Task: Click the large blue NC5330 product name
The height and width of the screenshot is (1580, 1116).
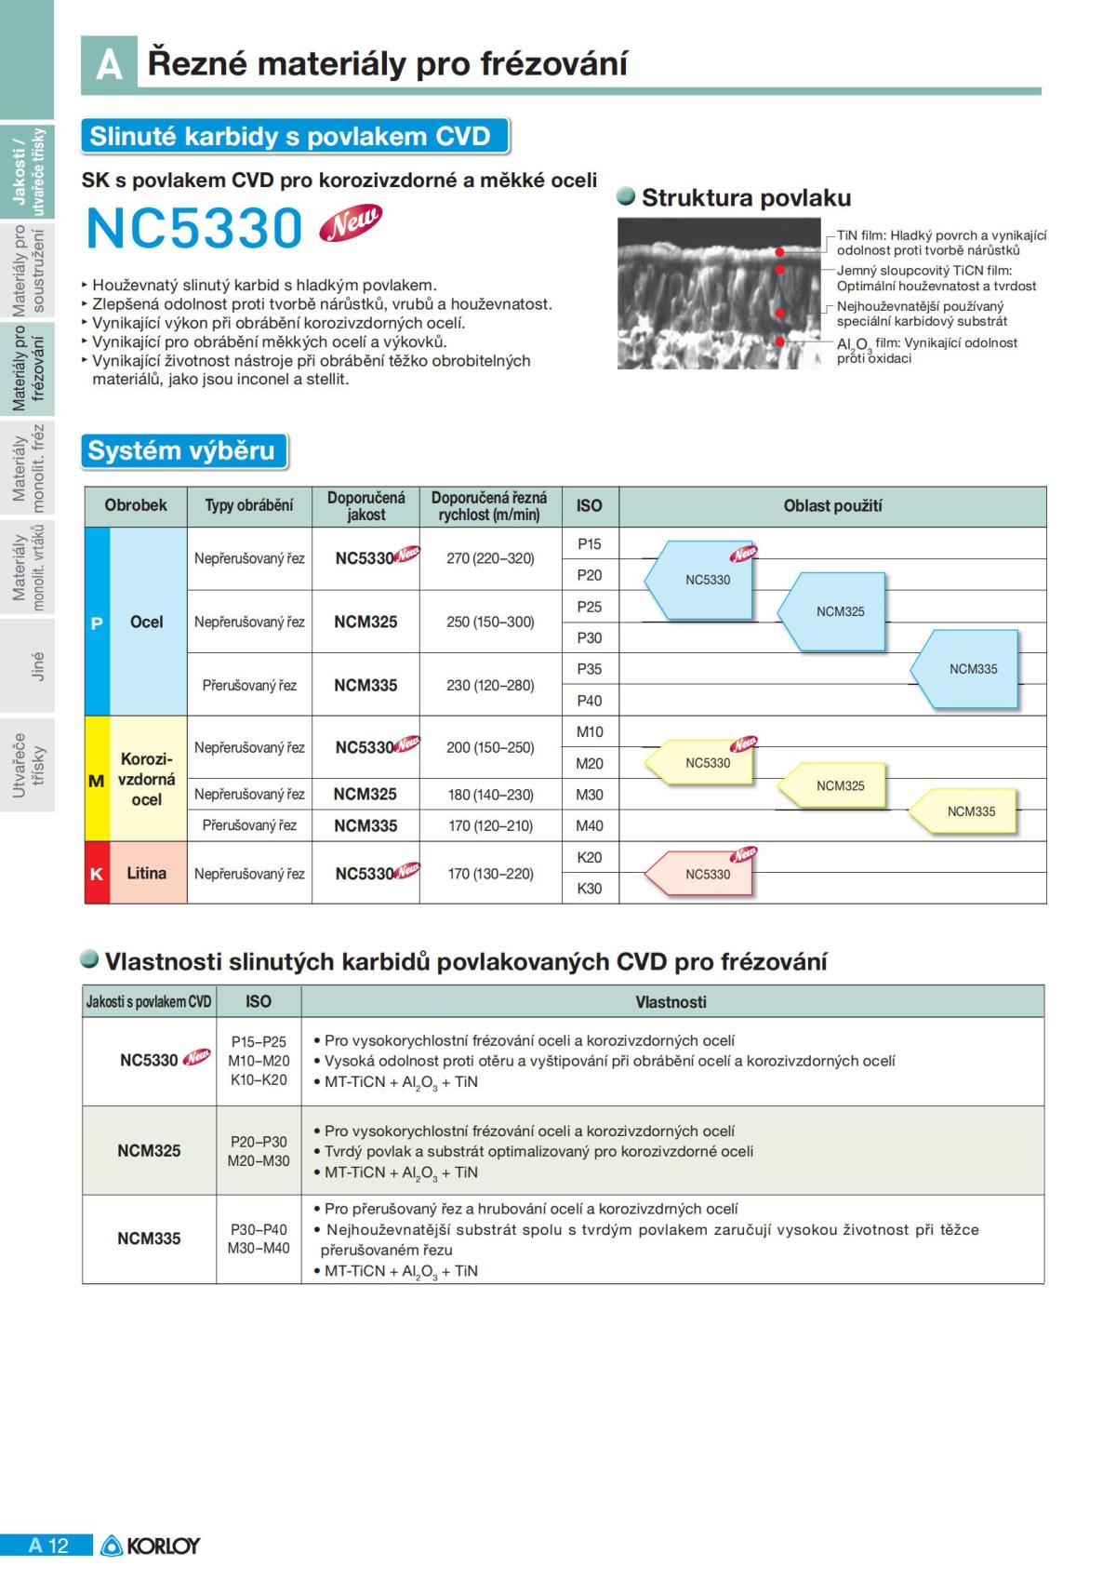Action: click(193, 228)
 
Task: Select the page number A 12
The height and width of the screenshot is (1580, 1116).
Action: click(47, 1546)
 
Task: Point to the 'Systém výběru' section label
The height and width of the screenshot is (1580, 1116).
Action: click(182, 451)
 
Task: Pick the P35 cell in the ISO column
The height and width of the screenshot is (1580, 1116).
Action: click(590, 669)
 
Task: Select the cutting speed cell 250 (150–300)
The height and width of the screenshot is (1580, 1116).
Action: click(490, 622)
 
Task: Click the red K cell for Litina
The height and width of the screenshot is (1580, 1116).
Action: click(96, 874)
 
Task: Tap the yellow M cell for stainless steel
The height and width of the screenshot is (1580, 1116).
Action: click(96, 780)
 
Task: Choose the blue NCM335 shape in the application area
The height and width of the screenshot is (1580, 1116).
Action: click(967, 669)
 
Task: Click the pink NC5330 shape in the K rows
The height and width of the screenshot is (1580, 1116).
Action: click(703, 874)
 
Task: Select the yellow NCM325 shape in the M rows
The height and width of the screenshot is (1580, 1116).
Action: click(835, 785)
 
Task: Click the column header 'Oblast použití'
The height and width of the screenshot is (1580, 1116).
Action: click(832, 506)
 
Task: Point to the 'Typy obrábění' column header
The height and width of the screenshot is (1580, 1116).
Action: click(249, 506)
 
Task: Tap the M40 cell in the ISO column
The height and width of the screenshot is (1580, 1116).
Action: click(590, 825)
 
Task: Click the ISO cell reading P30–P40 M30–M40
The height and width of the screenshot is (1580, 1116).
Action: click(259, 1239)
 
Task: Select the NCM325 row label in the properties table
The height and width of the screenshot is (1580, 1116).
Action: click(149, 1150)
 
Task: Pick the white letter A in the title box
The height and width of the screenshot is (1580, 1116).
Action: click(109, 65)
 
